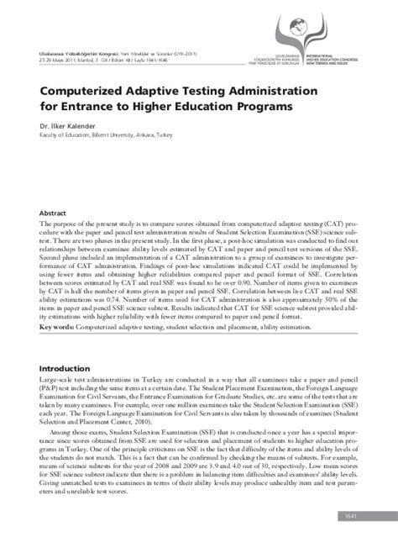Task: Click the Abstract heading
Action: click(53, 213)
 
